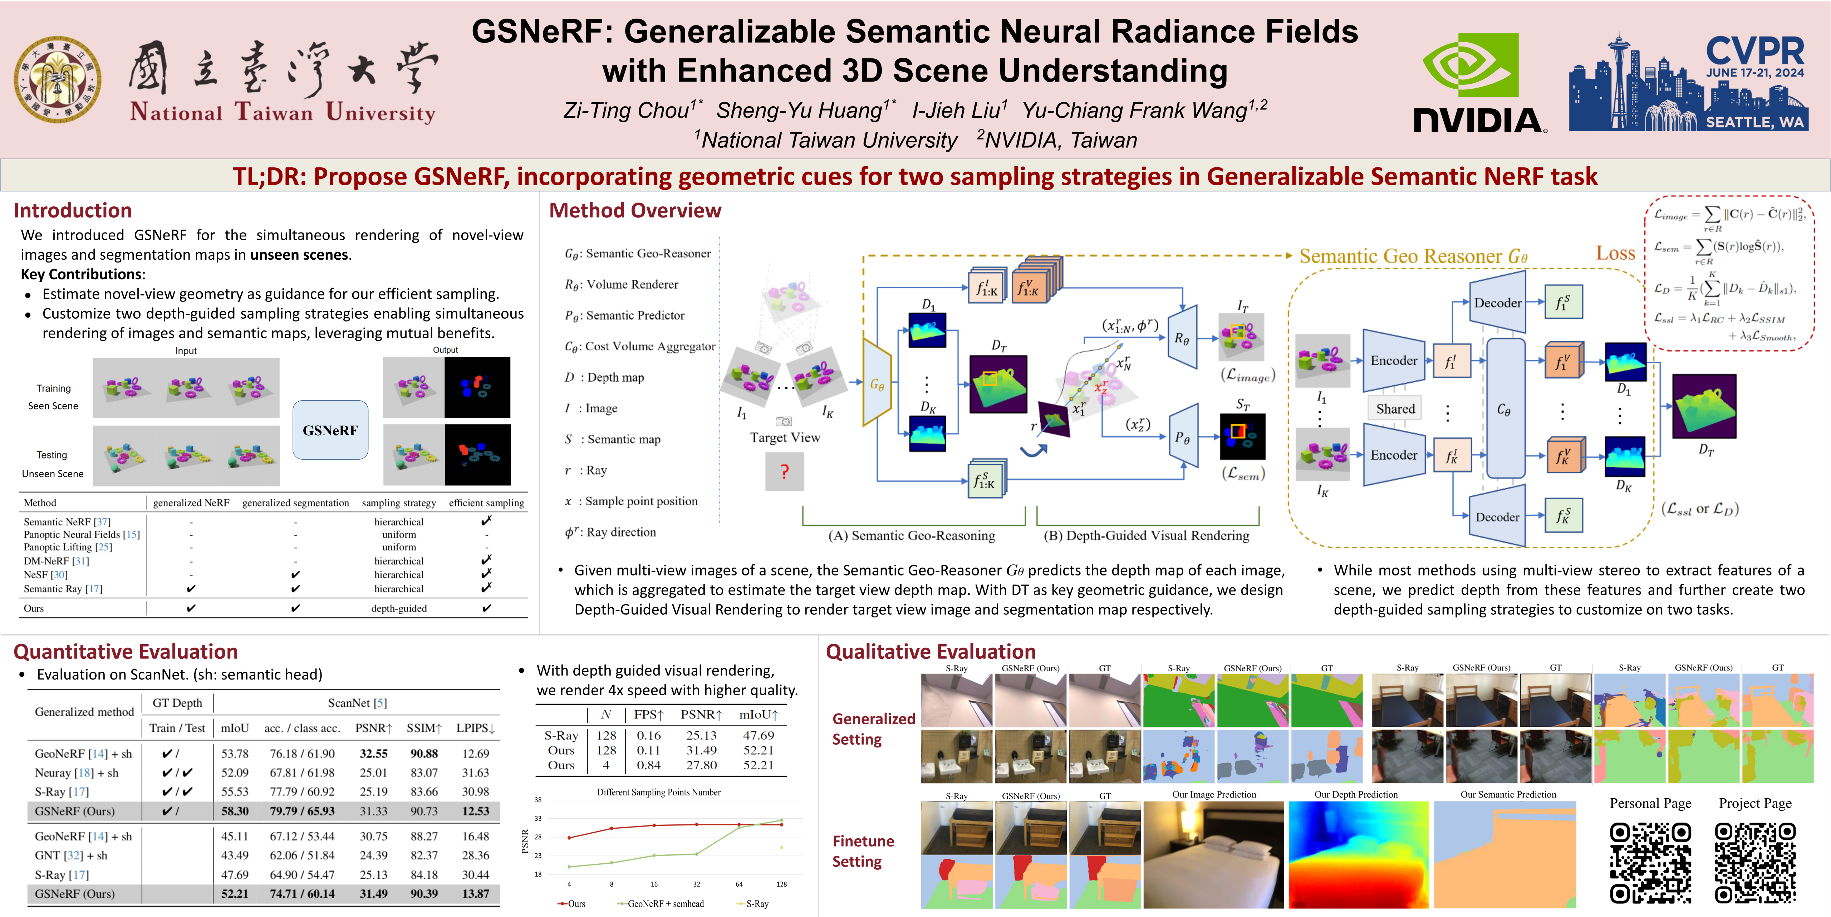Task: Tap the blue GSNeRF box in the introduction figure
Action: click(x=330, y=430)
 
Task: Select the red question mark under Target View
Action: click(x=784, y=471)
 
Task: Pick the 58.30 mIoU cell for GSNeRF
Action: click(x=235, y=811)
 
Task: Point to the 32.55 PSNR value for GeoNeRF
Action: click(x=373, y=754)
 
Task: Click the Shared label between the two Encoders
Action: click(x=1395, y=409)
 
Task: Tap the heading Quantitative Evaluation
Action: click(x=126, y=652)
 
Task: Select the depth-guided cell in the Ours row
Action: click(x=399, y=608)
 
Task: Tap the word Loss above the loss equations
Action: click(x=1616, y=253)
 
